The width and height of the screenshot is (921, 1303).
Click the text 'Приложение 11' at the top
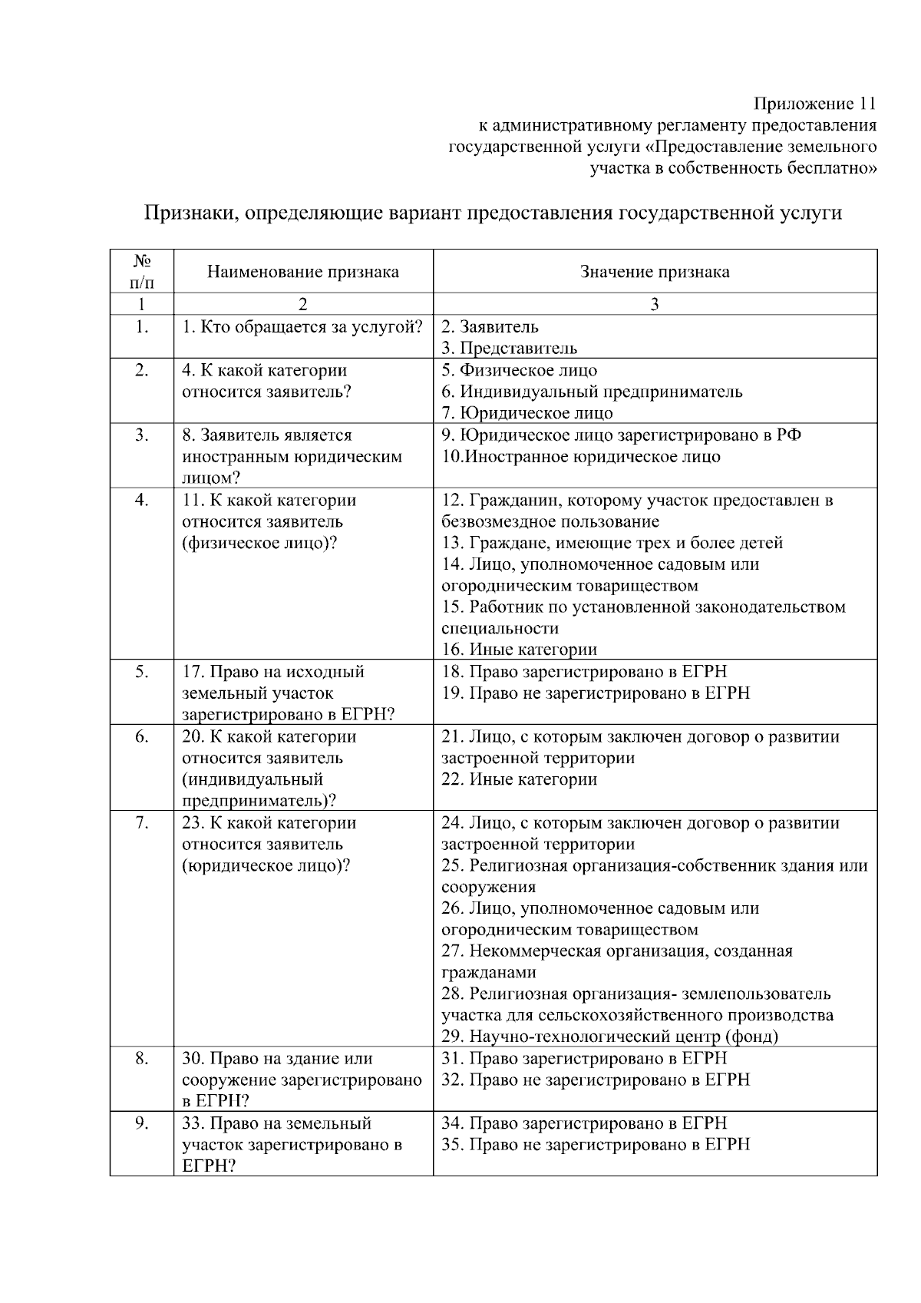tap(814, 104)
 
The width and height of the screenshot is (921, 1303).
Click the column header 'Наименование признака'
tap(302, 272)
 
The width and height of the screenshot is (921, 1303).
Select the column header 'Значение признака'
tap(655, 272)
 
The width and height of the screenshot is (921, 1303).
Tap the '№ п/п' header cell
tap(141, 272)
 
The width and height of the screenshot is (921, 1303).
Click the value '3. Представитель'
tap(509, 349)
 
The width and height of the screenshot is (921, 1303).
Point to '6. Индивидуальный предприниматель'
tap(592, 392)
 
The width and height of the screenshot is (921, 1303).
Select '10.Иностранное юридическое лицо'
tap(581, 457)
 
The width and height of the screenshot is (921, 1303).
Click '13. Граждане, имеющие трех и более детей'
tap(612, 543)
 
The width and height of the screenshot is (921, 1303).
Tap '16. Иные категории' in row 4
tap(519, 650)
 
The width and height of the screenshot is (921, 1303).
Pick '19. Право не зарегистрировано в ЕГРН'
tap(596, 693)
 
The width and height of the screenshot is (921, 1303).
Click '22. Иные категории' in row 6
tap(519, 779)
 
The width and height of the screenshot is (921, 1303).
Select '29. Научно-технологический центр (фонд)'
tap(609, 1037)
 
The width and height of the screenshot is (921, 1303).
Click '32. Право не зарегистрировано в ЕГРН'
tap(596, 1080)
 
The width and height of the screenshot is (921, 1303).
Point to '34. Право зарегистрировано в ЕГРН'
tap(583, 1123)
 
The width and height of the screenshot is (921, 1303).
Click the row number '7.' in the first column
tap(141, 823)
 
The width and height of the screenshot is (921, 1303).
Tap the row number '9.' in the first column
tap(141, 1123)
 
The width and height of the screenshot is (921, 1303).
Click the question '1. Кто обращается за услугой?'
tap(302, 327)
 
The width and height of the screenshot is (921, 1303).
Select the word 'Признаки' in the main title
tap(184, 213)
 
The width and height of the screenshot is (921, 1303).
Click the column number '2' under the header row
tap(302, 305)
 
